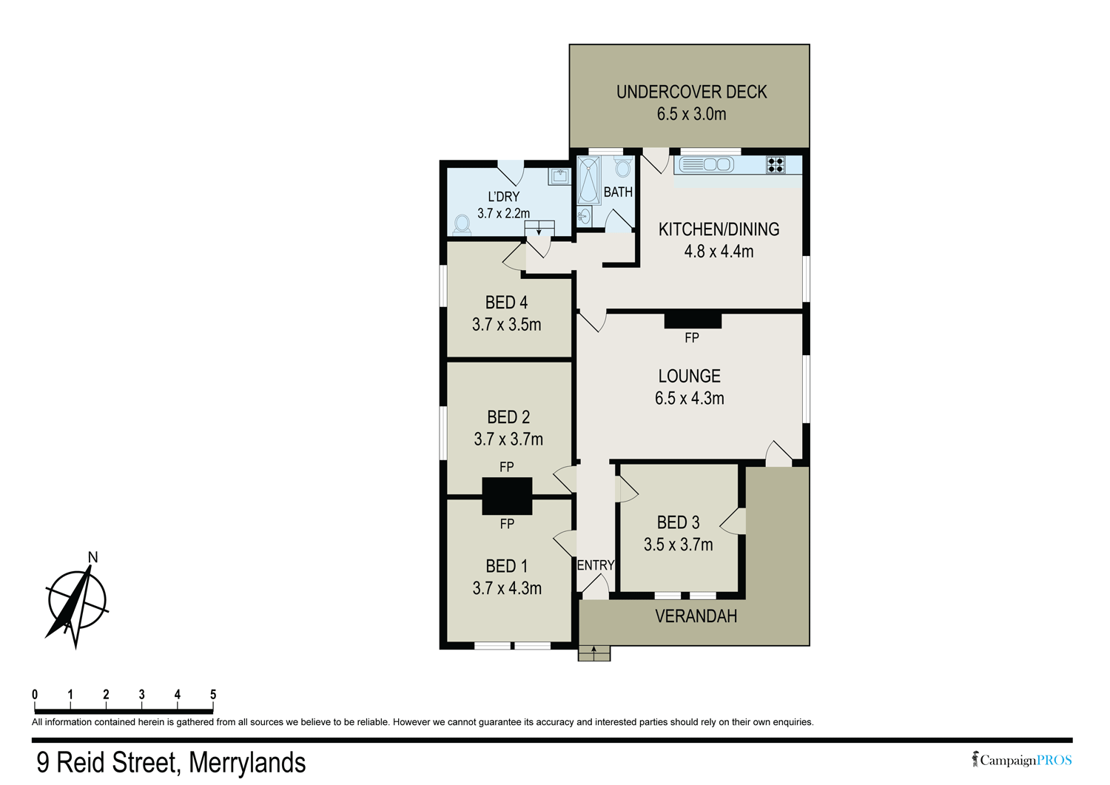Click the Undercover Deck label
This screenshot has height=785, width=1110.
pos(691,92)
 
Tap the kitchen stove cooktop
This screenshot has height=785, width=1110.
pos(775,164)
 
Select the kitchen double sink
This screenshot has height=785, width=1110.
pos(706,164)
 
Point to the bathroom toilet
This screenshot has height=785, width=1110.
pos(622,168)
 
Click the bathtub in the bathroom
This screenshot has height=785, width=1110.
pos(589,180)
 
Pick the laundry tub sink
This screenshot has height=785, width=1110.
pos(559,176)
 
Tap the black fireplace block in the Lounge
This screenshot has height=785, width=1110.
pos(692,320)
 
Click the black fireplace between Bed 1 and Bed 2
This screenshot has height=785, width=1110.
pos(507,496)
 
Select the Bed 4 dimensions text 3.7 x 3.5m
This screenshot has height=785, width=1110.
pos(506,325)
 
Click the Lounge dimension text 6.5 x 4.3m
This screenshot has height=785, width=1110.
pos(689,398)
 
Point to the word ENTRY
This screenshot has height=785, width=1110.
pos(595,565)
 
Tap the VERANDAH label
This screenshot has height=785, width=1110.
pos(696,616)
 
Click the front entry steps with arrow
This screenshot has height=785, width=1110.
pos(593,653)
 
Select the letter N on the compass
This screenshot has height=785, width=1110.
pos(92,557)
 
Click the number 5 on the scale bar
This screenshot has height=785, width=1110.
pos(213,695)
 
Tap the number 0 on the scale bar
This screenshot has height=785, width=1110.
pos(35,695)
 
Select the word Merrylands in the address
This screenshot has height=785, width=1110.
pos(247,763)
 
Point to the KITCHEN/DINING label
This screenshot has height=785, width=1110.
pos(719,229)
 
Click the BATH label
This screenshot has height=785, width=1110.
pos(618,192)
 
